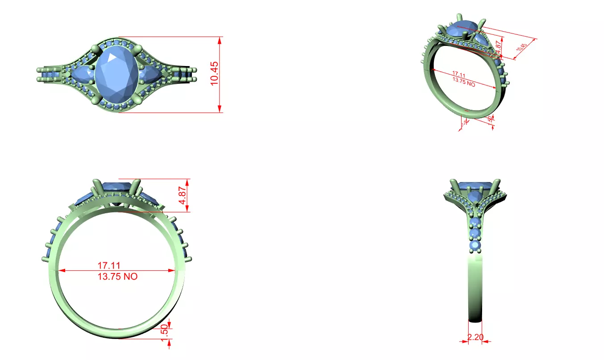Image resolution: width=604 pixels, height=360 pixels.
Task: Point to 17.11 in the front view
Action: (109, 265)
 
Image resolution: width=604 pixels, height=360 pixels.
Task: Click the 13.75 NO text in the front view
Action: (117, 277)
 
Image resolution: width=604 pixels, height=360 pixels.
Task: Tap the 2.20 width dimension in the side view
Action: (475, 337)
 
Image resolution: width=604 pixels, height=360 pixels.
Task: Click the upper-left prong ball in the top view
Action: (94, 49)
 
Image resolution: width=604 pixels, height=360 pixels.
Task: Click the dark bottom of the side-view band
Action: (475, 317)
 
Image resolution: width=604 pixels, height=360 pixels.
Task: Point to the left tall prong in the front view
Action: (96, 187)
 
